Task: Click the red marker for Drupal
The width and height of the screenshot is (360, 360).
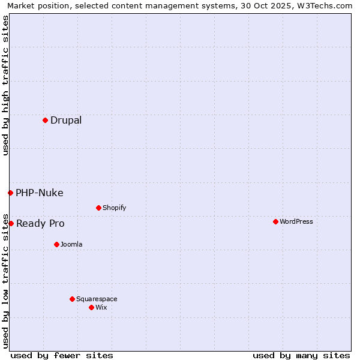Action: pyautogui.click(x=45, y=120)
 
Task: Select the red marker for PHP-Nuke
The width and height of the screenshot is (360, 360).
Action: pyautogui.click(x=10, y=193)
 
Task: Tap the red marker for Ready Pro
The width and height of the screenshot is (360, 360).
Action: pyautogui.click(x=11, y=223)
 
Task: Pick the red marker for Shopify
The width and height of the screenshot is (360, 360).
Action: pyautogui.click(x=98, y=208)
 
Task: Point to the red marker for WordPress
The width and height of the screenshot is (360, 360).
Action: pyautogui.click(x=275, y=221)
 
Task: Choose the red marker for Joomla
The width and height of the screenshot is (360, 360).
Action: pyautogui.click(x=56, y=244)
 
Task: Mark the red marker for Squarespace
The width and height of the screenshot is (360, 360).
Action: pyautogui.click(x=72, y=299)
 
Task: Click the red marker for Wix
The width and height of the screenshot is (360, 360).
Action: pyautogui.click(x=91, y=307)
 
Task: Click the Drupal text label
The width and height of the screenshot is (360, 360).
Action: pyautogui.click(x=66, y=120)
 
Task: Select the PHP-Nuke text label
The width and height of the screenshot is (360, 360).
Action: pyautogui.click(x=40, y=193)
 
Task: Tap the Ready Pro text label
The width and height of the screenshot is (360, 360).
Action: pyautogui.click(x=40, y=223)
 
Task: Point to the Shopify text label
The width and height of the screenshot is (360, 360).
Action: pyautogui.click(x=114, y=208)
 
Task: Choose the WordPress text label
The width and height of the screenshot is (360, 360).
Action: pyautogui.click(x=296, y=221)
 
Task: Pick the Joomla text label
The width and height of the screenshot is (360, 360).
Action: pyautogui.click(x=71, y=244)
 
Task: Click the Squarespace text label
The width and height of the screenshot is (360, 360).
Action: pyautogui.click(x=97, y=299)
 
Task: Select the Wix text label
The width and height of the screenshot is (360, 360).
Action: pyautogui.click(x=101, y=307)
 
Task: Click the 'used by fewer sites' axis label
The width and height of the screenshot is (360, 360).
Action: pyautogui.click(x=62, y=355)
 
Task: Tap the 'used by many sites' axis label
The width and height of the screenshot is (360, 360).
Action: pyautogui.click(x=301, y=355)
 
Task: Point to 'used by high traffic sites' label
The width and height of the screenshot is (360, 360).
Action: pyautogui.click(x=5, y=85)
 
